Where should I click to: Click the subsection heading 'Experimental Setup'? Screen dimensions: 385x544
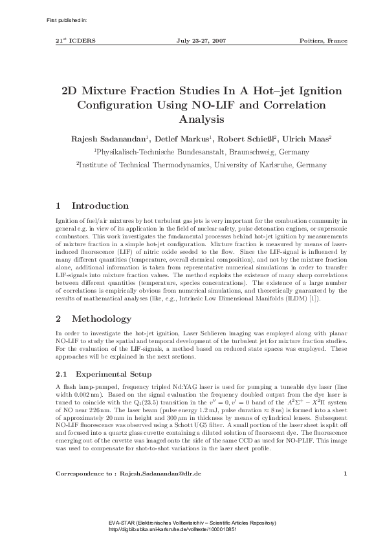click(x=114, y=374)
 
